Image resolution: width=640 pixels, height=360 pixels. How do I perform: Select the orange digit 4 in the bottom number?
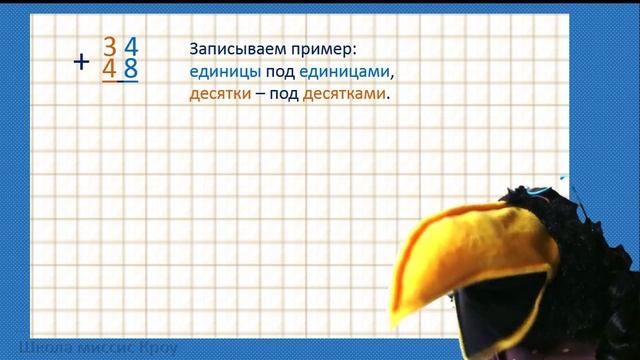109,70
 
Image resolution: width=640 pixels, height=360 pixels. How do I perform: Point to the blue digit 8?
130,70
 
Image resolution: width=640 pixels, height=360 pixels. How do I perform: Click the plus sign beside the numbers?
82,61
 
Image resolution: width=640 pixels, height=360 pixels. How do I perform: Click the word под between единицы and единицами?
279,73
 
